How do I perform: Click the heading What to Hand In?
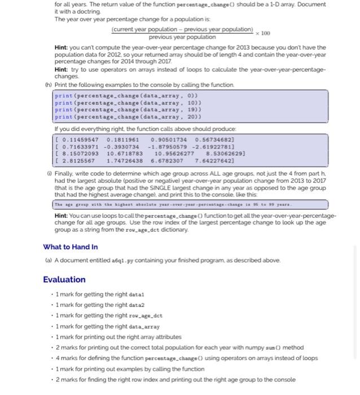(x=70, y=247)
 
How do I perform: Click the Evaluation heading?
(x=64, y=279)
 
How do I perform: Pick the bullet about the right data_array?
(x=113, y=326)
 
